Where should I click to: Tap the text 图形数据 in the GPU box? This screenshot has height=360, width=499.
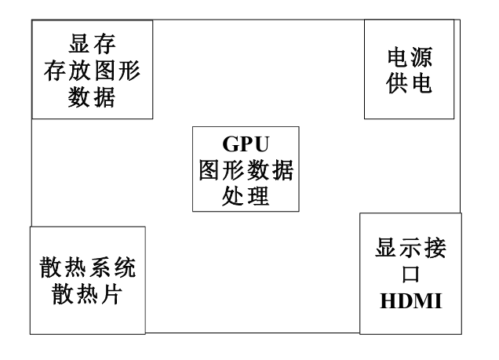246,169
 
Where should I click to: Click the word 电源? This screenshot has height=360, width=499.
409,59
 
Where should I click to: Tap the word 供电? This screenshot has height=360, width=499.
409,85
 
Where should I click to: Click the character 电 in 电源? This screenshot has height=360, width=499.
397,59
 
